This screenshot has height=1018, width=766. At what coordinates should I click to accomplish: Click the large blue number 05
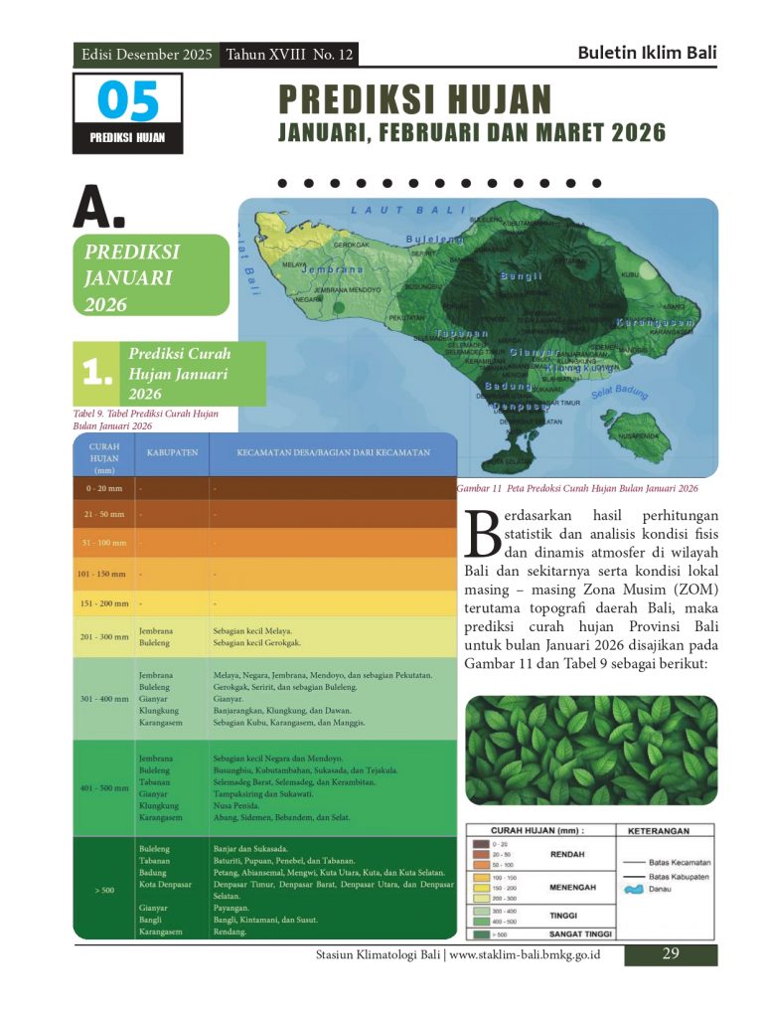[x=128, y=101]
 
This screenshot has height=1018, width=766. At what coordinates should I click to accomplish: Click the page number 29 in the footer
[x=671, y=954]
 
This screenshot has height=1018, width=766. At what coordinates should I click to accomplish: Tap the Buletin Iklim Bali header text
[x=647, y=54]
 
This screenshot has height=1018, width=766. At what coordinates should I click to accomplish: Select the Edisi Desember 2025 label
[x=147, y=55]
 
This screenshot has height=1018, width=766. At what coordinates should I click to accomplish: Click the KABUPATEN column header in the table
[x=172, y=453]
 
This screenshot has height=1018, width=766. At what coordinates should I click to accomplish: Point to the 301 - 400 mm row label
[x=103, y=698]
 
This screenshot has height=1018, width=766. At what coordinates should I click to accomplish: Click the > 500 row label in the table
[x=104, y=890]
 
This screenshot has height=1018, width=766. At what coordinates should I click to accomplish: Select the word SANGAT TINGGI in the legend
[x=580, y=934]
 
